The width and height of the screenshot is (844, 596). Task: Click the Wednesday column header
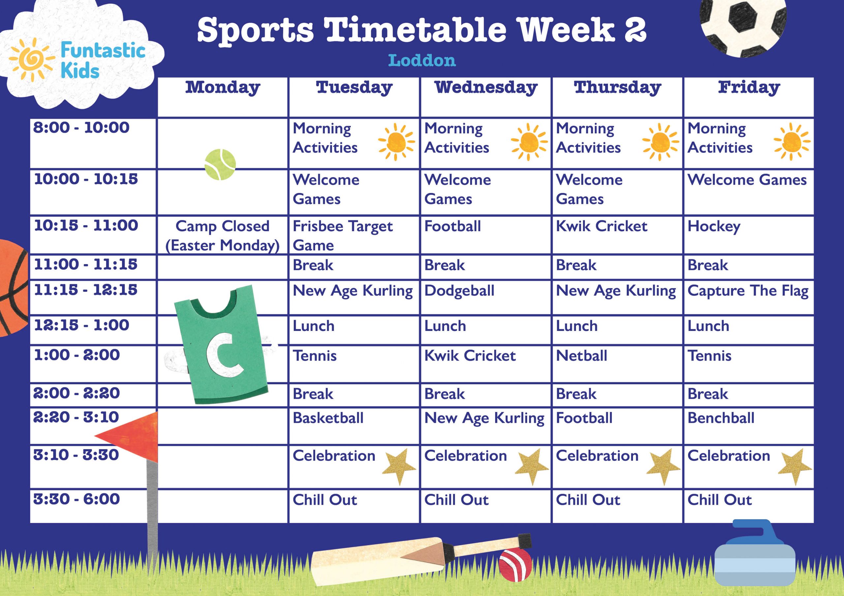click(486, 88)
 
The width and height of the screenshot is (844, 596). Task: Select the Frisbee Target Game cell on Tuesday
click(343, 235)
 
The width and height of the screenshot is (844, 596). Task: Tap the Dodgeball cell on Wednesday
click(459, 291)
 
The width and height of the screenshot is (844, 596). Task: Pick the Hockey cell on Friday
click(714, 227)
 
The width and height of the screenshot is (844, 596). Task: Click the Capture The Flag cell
click(748, 291)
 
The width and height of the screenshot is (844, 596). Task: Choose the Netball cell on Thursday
click(582, 356)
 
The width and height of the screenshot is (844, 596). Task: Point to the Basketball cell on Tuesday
click(328, 418)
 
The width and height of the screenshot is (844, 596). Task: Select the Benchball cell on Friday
click(721, 418)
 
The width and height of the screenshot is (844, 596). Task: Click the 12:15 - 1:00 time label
click(82, 325)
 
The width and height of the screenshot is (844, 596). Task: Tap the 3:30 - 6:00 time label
click(76, 499)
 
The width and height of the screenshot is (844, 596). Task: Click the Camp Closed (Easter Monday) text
click(223, 235)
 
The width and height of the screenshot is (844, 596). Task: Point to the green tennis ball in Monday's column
click(220, 164)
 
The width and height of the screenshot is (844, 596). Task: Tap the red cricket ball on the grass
click(515, 565)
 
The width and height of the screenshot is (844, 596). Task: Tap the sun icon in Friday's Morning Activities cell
click(792, 142)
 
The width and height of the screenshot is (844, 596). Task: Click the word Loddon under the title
click(422, 61)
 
